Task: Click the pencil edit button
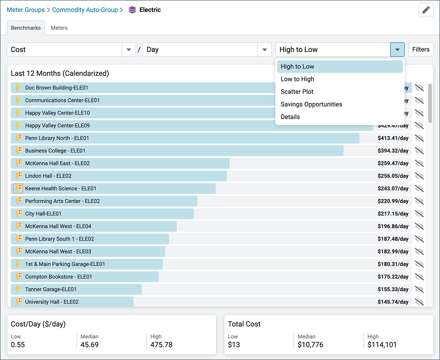(426, 10)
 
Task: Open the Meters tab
(59, 28)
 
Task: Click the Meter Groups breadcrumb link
(26, 10)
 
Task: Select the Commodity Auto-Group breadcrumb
(85, 10)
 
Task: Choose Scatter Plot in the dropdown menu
(297, 92)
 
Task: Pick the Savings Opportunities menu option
(311, 104)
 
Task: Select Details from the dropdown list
(290, 117)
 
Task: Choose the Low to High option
(297, 79)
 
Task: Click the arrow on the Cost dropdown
(129, 50)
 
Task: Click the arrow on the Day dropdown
(264, 50)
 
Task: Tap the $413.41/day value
(393, 138)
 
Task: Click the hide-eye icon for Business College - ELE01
(419, 151)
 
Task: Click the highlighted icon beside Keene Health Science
(18, 188)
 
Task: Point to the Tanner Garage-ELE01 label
(51, 289)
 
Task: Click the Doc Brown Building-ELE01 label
(56, 88)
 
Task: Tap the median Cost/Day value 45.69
(89, 345)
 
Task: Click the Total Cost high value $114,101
(382, 345)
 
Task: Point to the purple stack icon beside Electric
(132, 10)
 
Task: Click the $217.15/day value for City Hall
(393, 214)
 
